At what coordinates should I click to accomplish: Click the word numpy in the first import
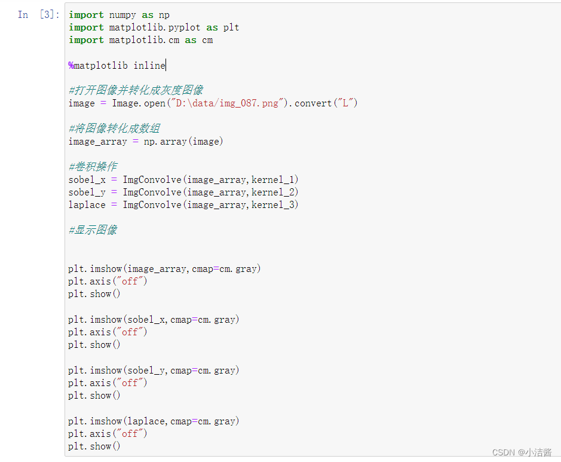[122, 14]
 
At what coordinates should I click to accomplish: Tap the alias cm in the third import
[207, 39]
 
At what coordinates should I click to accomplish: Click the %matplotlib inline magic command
[117, 65]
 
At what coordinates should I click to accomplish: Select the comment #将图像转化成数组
[114, 128]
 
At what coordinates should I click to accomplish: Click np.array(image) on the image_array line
[183, 141]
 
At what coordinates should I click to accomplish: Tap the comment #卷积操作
[93, 167]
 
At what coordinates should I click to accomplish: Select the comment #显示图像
[93, 230]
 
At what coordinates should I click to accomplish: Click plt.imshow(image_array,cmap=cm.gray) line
[164, 268]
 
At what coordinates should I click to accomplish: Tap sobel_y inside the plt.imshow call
[147, 370]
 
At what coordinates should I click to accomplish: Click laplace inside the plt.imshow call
[147, 421]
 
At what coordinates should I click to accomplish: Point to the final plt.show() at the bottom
[94, 446]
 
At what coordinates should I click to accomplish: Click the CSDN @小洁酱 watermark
[522, 452]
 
